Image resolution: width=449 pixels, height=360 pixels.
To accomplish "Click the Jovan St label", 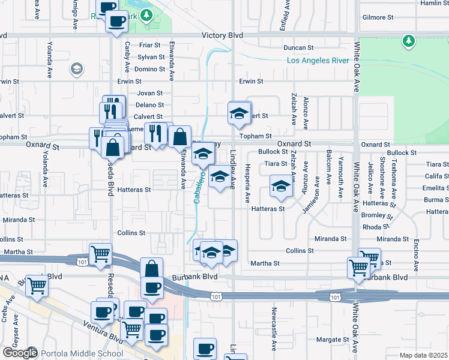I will coord(150,93).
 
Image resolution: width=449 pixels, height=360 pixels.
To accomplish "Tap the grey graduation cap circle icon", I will coord(76,69).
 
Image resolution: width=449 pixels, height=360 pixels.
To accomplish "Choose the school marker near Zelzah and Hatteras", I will coord(280,187).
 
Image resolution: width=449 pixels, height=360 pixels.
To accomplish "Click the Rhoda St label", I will coord(376,227).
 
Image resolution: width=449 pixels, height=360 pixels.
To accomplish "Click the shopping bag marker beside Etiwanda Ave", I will coord(179,137).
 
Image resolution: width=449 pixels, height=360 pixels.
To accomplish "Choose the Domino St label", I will coord(149,69).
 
